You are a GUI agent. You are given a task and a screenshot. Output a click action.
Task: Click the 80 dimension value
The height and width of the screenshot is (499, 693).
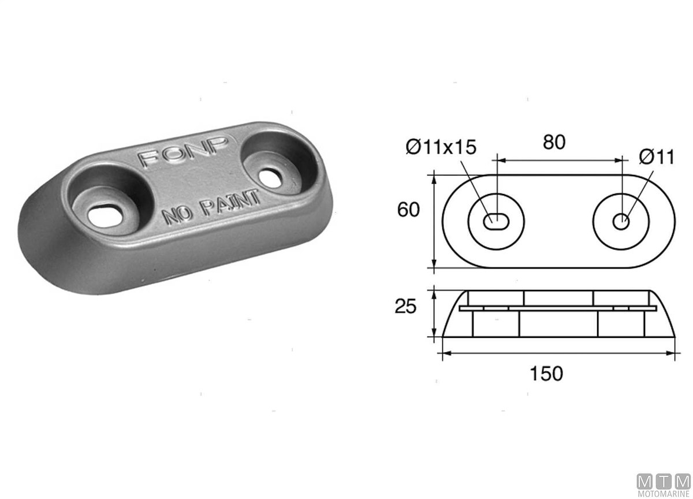(554, 142)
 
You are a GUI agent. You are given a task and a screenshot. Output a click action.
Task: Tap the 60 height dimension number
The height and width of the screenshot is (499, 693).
(408, 210)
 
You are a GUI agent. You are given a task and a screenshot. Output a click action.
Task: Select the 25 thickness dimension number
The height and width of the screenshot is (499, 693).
(405, 307)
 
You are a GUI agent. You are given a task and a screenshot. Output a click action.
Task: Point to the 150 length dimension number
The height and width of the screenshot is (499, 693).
(546, 374)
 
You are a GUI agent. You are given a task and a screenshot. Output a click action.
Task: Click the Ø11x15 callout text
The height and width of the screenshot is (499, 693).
(441, 147)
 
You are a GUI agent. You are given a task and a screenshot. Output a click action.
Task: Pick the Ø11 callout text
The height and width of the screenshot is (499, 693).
(657, 157)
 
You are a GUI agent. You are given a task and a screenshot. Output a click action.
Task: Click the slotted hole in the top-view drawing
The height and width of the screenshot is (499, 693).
(496, 222)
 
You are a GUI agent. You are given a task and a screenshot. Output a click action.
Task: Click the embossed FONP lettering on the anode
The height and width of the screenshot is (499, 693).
(184, 151)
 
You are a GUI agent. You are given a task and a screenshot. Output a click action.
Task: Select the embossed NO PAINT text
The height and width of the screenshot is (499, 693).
(211, 207)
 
